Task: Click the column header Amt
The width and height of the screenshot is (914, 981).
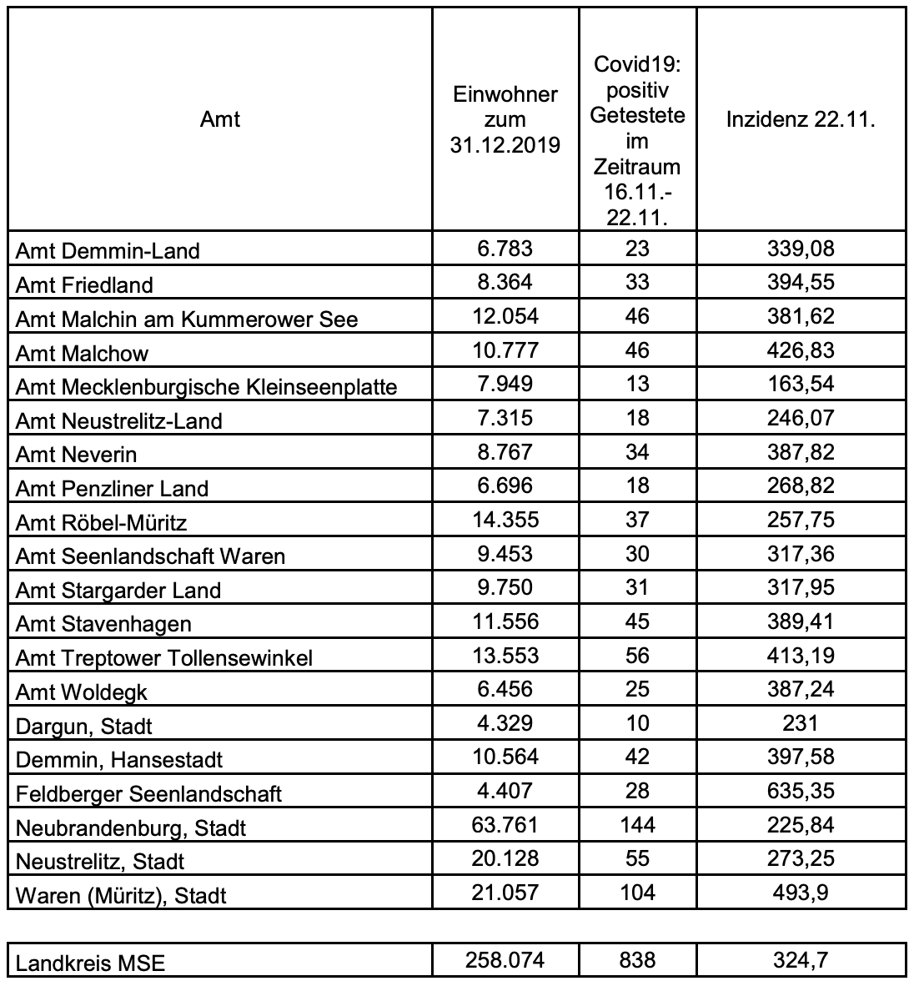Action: click(x=220, y=120)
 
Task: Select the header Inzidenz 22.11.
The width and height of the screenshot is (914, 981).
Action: click(x=800, y=120)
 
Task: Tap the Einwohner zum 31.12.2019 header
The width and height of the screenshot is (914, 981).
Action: click(x=505, y=120)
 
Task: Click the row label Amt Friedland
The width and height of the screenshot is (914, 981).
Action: click(x=84, y=285)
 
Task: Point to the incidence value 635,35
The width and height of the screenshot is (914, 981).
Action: click(x=801, y=791)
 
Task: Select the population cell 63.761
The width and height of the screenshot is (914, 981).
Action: click(x=505, y=825)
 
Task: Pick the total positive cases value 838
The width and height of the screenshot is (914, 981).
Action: click(x=637, y=961)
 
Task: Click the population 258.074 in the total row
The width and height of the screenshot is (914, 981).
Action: click(x=505, y=961)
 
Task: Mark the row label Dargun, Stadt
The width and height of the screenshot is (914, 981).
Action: click(x=84, y=726)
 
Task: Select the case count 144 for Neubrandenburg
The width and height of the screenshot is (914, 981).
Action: click(x=637, y=825)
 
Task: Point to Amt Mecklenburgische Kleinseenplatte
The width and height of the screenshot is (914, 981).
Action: click(x=207, y=387)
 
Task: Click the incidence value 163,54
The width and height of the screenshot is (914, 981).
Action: click(x=801, y=385)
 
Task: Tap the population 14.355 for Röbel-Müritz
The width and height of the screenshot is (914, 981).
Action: click(x=505, y=520)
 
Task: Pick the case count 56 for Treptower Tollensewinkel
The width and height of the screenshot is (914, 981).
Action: click(x=637, y=656)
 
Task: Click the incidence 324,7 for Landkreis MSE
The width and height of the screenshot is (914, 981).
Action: click(x=801, y=961)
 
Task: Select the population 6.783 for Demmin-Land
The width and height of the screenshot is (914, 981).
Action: click(x=505, y=249)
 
